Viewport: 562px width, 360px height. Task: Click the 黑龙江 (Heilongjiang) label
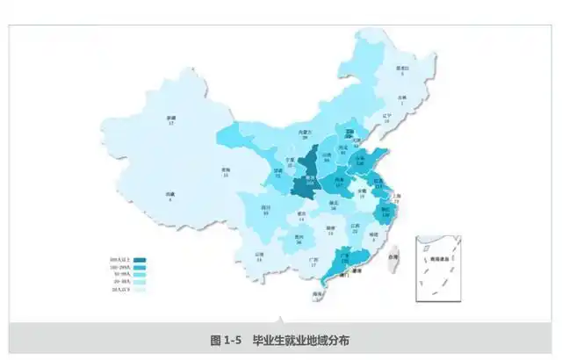click(x=403, y=68)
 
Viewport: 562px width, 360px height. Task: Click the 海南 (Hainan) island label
click(x=318, y=293)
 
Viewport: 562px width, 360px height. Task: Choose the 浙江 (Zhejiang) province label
click(x=385, y=210)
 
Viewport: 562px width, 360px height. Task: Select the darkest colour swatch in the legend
click(x=140, y=262)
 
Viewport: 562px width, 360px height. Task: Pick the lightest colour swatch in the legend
click(x=140, y=290)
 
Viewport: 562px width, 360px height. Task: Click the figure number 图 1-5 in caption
click(x=230, y=340)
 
